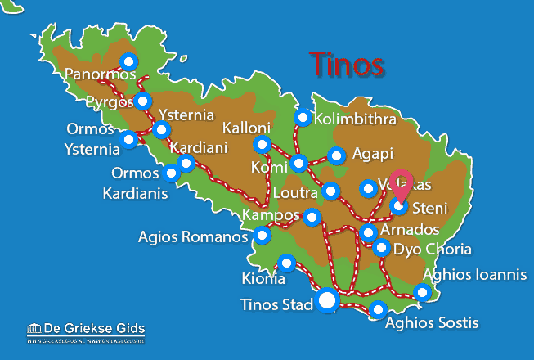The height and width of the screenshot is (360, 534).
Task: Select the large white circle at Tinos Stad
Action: [x=327, y=301]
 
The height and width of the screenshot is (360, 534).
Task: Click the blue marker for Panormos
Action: [x=128, y=61]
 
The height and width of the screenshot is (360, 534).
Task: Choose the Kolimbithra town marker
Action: [x=303, y=118]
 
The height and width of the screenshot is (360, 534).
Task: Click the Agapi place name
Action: [x=372, y=153]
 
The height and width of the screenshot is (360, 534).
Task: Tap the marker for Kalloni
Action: [x=262, y=145]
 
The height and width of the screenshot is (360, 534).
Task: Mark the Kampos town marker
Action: [x=312, y=218]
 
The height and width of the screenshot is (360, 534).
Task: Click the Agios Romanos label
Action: [x=193, y=237]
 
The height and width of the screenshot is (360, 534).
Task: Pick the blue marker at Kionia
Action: [x=286, y=263]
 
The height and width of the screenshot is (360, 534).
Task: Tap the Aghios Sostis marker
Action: [x=378, y=309]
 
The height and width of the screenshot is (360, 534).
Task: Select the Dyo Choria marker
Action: [x=381, y=247]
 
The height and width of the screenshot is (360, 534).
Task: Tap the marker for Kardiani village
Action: [x=186, y=163]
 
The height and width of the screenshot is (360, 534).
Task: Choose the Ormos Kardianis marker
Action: [x=172, y=173]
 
